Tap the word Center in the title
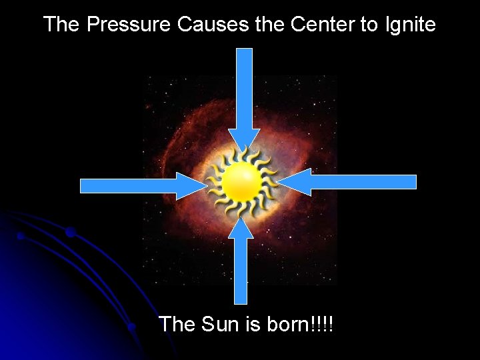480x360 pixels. (322, 25)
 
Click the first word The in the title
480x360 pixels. (61, 25)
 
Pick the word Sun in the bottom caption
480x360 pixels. (218, 325)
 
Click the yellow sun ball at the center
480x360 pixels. (241, 182)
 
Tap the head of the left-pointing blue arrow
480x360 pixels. (294, 182)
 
